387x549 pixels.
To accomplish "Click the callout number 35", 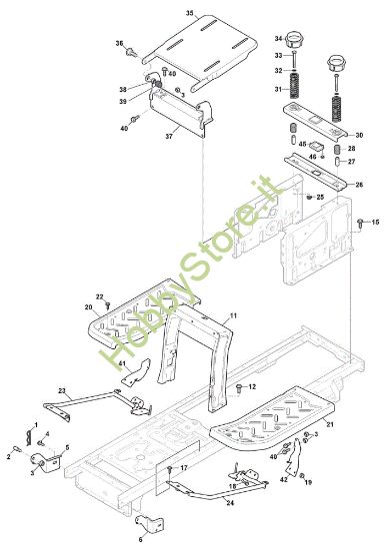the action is pos(189,13).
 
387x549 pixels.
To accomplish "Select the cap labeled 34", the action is pos(294,40).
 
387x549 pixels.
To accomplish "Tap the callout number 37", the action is pos(169,137).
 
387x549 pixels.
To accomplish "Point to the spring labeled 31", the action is pos(294,86).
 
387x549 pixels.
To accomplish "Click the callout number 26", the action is pos(359,185).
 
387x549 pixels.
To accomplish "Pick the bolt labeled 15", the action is pos(360,222).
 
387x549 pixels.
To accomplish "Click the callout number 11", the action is pos(233,315).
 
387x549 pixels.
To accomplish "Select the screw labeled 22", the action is pos(108,306).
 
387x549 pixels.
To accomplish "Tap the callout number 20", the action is pos(88,307).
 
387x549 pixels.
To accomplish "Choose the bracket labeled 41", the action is pos(137,372).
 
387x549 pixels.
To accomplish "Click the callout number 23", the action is pos(62,390).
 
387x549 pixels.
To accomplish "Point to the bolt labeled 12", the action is pos(239,387).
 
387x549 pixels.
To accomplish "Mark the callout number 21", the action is pos(330,424).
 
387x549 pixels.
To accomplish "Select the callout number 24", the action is pos(230,503).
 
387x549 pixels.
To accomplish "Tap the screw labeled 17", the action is pos(170,469).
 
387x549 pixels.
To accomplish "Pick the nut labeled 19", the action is pos(302,475).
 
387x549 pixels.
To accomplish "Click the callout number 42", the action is pos(284,479).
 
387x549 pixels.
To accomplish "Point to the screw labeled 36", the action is pos(131,52).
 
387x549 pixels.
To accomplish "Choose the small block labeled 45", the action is pos(315,146).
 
